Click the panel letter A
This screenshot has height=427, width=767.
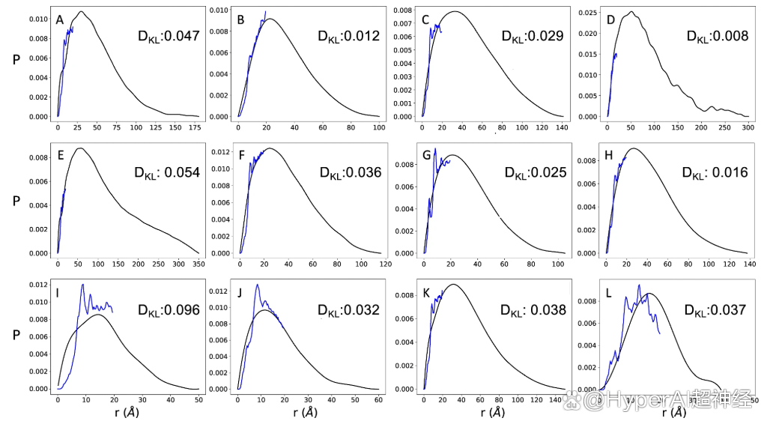[60, 20]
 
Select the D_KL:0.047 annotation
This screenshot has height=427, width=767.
[169, 34]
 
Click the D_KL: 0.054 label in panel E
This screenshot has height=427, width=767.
[166, 172]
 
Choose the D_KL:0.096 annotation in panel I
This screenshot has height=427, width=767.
[169, 309]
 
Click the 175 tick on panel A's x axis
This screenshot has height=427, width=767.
[195, 129]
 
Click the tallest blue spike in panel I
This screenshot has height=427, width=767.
[82, 284]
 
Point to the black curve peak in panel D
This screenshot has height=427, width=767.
[633, 11]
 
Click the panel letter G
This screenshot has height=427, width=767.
[426, 156]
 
